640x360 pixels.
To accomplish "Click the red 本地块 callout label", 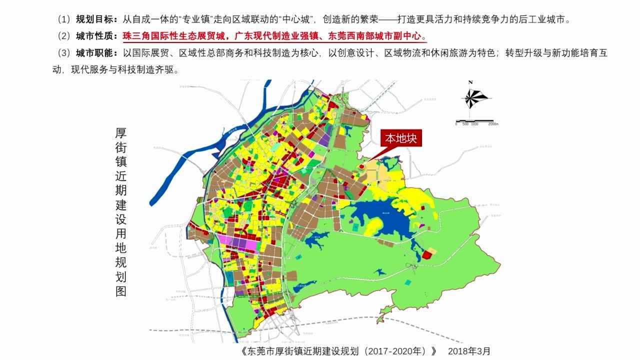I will (x=401, y=138).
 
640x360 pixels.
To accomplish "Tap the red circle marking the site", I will (x=361, y=167).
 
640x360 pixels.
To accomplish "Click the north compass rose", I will (x=473, y=99).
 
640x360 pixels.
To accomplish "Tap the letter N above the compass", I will (x=470, y=82).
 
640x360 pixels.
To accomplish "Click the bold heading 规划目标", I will (x=96, y=20).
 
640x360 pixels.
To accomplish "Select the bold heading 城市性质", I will (x=96, y=36).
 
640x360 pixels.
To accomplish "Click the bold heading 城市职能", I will (x=96, y=53).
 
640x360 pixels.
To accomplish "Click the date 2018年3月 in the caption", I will (x=469, y=351).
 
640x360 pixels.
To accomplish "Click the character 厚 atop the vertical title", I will (x=121, y=133).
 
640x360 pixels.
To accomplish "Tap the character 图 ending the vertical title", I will (x=121, y=291).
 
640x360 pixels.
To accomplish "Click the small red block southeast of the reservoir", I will (x=426, y=255).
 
